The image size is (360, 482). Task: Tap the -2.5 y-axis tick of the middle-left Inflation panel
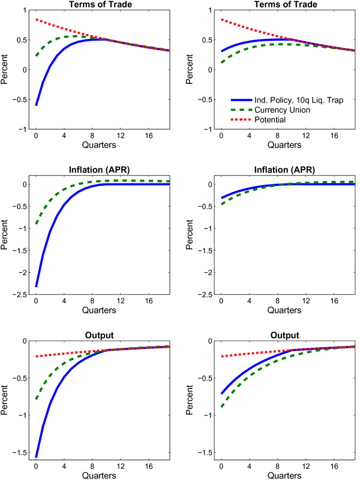(20, 294)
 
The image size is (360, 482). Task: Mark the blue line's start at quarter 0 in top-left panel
(36, 105)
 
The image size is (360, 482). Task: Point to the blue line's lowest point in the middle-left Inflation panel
(36, 286)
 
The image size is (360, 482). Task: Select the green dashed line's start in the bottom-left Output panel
(36, 398)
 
